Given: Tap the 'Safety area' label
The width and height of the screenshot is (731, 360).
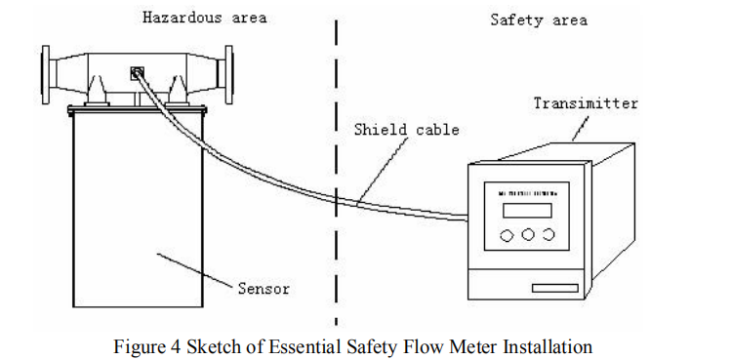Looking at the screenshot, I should tap(538, 20).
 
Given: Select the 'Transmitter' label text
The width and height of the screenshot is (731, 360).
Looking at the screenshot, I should tap(586, 102).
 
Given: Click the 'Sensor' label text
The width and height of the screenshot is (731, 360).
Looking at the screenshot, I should tap(264, 289).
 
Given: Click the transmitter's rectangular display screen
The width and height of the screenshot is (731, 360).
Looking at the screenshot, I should tap(526, 210).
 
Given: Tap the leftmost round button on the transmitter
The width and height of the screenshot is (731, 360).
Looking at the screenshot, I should tap(506, 235).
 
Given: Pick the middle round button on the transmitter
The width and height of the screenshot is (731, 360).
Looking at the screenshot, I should tap(527, 235).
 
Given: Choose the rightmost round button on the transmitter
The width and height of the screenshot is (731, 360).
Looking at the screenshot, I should tap(548, 235).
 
